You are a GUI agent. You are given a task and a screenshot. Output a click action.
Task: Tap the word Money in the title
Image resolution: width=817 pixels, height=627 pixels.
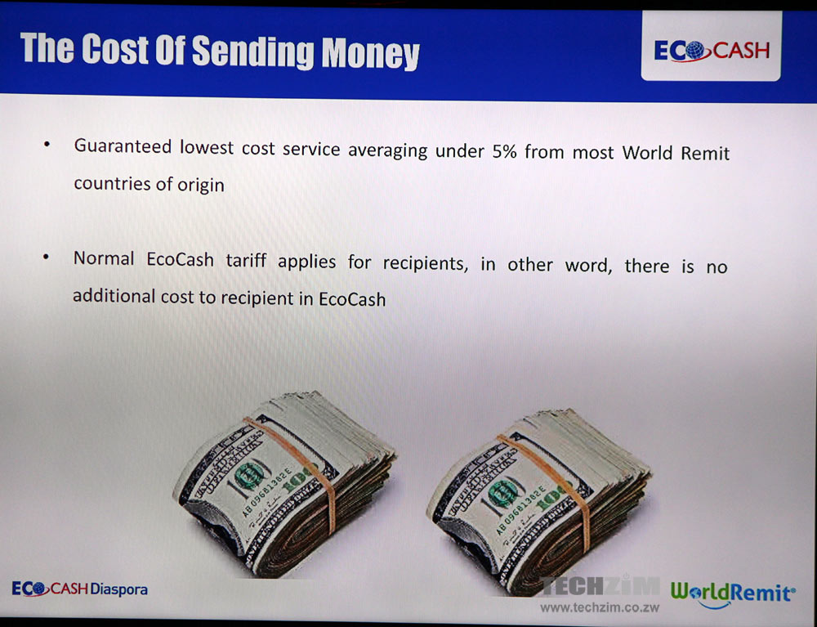(x=370, y=53)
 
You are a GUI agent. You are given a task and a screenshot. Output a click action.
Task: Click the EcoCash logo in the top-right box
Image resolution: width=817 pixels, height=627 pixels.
(x=712, y=51)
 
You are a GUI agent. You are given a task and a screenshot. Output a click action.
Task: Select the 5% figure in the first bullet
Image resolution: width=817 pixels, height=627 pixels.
(x=504, y=151)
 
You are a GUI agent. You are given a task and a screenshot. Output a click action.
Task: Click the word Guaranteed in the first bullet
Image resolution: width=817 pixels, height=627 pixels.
(x=123, y=146)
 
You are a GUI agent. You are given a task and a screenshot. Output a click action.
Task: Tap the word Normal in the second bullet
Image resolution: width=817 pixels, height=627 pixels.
(x=104, y=258)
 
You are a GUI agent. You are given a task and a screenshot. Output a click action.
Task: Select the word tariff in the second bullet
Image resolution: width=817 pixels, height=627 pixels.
(x=246, y=260)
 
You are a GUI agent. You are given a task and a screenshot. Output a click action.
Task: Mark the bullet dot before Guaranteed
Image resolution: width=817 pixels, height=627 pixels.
(x=47, y=143)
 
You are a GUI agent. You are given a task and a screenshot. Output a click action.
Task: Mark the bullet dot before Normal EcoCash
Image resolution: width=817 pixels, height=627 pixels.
(x=47, y=257)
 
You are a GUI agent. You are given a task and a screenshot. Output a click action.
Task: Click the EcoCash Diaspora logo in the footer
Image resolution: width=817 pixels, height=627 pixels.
(x=80, y=589)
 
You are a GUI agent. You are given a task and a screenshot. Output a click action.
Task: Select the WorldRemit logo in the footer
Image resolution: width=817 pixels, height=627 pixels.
(x=733, y=594)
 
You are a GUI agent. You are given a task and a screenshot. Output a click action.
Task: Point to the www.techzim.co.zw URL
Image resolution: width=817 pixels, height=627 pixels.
(x=600, y=607)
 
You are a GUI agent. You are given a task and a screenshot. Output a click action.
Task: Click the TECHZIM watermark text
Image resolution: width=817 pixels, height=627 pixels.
(x=600, y=586)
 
